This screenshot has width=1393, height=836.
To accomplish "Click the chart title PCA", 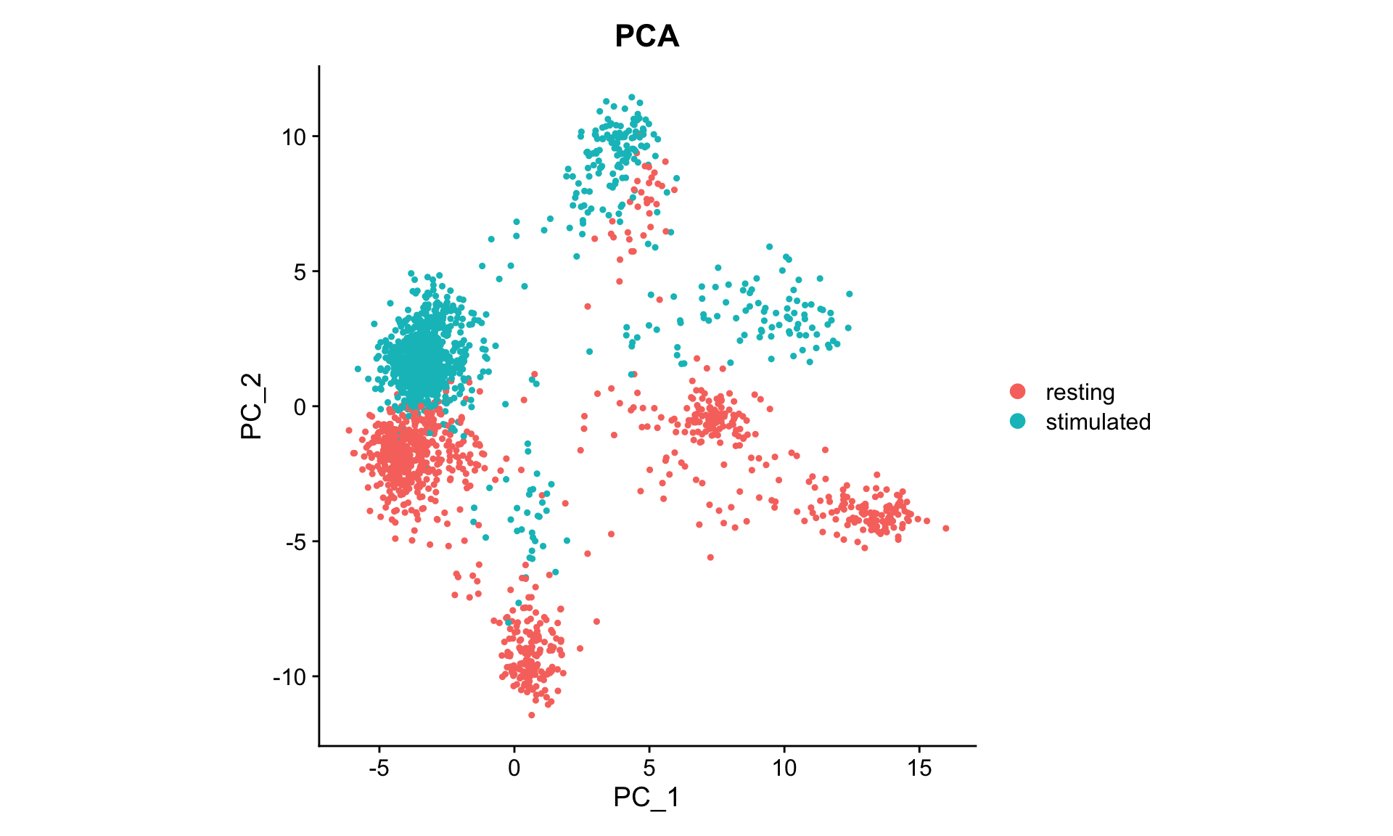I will pos(646,36).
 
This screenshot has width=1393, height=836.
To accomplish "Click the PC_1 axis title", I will pos(646,797).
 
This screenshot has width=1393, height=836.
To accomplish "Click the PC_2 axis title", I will pos(251,406).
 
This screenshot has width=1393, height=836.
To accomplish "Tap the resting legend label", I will pos(1080,392).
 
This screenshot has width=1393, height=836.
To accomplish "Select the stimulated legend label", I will pos(1098,422).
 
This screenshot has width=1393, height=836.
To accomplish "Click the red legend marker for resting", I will pos(1018,392).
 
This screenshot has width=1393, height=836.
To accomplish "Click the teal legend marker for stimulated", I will pos(1018,421).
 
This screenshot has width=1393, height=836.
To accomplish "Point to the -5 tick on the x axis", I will pos(379,768).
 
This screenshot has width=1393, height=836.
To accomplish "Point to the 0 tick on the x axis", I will pos(514,768).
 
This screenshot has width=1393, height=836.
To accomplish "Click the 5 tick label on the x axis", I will pos(649,768).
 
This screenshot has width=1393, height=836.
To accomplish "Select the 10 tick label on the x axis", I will pos(784,768).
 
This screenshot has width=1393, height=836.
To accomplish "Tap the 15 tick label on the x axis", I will pos(919,768).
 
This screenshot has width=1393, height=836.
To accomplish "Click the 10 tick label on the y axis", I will pos(295,136).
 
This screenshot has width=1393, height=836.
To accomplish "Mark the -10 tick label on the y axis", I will pos(291,677).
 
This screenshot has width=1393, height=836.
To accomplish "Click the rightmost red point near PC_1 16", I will pos(946,528).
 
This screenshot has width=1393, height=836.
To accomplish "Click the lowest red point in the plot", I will pos(531,715).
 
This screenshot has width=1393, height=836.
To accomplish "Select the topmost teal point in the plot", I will pos(631,97).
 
